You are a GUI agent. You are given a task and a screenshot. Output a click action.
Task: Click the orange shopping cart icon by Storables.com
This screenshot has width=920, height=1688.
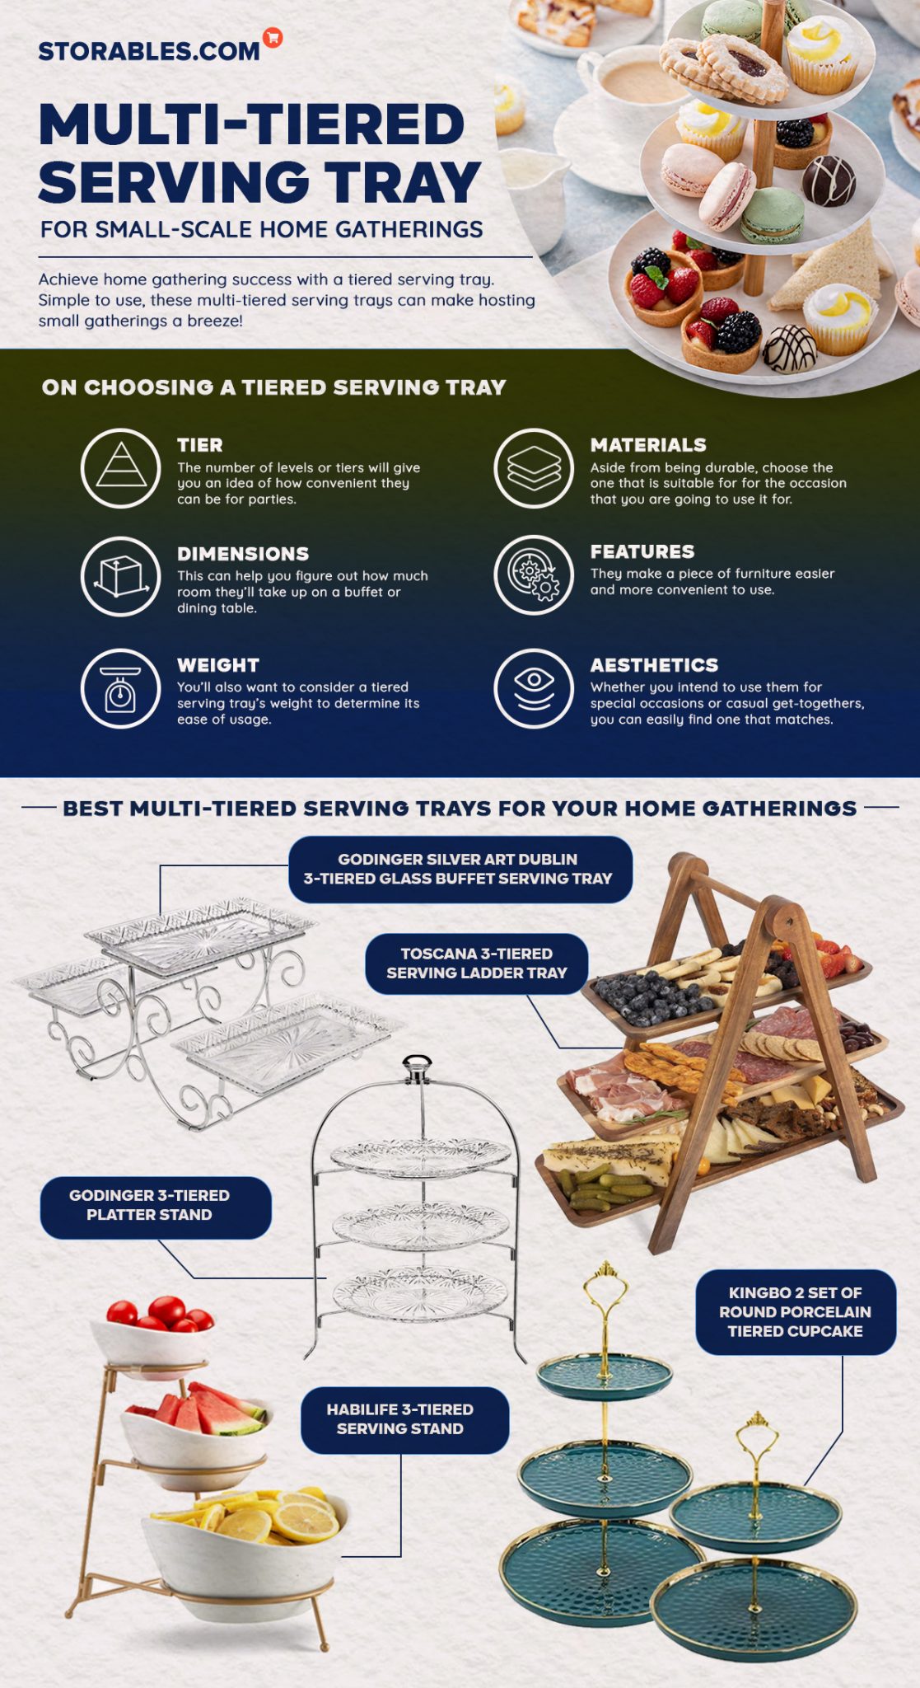[273, 37]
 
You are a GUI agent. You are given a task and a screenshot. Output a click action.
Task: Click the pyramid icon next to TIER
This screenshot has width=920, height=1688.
[121, 467]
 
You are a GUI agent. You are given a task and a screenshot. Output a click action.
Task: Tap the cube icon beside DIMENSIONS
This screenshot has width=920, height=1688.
[121, 576]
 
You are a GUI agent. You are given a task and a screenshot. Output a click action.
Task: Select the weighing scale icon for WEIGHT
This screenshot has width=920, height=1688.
[121, 688]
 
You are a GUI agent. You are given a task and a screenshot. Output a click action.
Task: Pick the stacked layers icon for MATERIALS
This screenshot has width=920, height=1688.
[534, 467]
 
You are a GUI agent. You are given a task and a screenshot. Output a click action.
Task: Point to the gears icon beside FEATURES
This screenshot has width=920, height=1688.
[534, 574]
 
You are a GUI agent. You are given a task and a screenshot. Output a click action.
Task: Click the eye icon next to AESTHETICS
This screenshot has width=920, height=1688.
[534, 688]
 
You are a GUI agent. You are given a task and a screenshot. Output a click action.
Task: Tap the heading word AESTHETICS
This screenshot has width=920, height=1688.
[654, 665]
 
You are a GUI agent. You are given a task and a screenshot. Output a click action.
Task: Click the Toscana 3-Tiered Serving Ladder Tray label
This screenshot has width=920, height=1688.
[476, 963]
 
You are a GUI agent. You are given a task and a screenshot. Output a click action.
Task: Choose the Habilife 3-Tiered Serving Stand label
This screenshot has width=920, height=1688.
[404, 1419]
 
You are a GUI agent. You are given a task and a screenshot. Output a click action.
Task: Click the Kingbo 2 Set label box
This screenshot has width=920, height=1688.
[795, 1312]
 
